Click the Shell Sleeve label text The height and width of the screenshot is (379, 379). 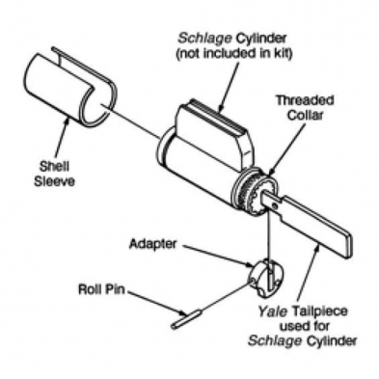[x=54, y=174]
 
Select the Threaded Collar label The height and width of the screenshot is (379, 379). [x=305, y=108]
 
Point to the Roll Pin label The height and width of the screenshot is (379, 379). [x=101, y=289]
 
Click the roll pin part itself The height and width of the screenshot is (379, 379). [x=186, y=319]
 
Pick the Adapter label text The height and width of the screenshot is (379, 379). [x=152, y=244]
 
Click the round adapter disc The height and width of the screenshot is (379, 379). [x=266, y=277]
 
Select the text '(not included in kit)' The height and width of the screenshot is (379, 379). [x=234, y=53]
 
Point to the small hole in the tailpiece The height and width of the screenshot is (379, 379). [x=274, y=205]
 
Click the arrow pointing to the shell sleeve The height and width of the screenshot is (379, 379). [x=62, y=139]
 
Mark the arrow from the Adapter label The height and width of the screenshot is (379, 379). [x=219, y=257]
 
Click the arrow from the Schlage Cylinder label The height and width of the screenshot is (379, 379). [x=230, y=86]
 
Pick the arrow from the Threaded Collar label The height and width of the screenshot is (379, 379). [x=287, y=149]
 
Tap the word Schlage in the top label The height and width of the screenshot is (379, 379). [x=204, y=39]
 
